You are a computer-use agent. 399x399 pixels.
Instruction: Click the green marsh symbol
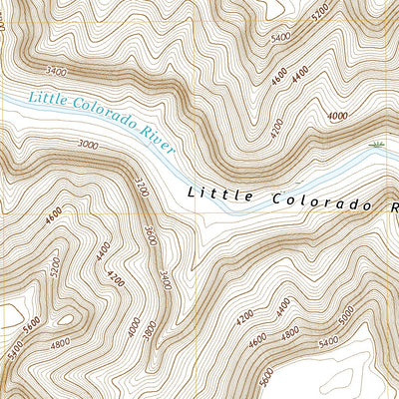coord(376,147)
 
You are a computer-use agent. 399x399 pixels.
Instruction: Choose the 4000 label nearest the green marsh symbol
coord(337,116)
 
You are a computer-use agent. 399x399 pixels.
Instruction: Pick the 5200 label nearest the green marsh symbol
coord(319,14)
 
